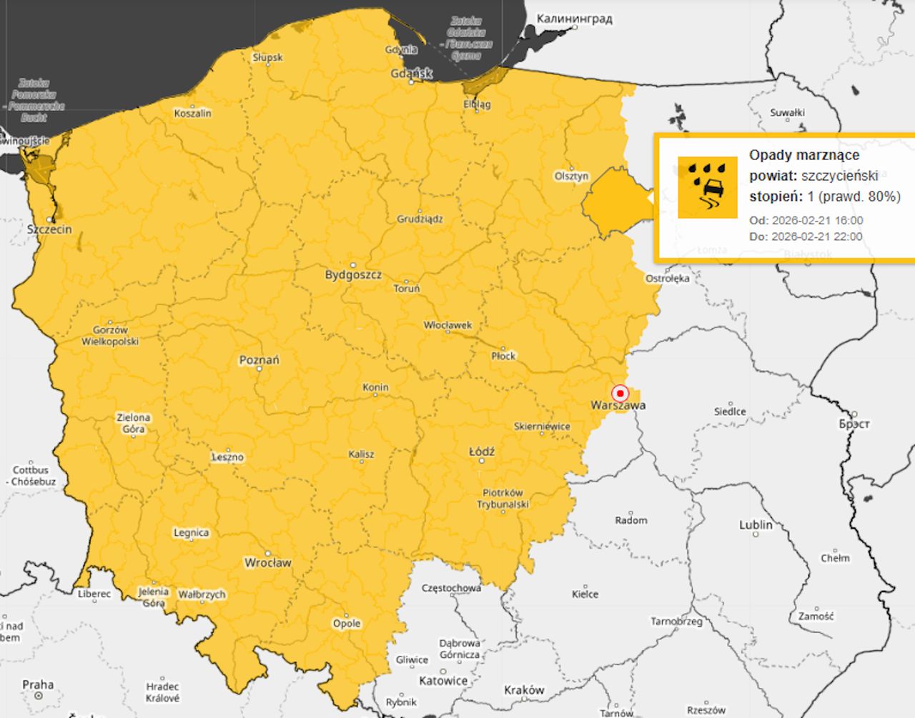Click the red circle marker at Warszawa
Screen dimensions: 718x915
(620, 393)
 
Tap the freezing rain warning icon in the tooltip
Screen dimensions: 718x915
(707, 187)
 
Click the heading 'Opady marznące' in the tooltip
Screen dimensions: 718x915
(804, 155)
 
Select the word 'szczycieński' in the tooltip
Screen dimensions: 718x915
(840, 176)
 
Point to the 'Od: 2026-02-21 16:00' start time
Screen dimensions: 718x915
(806, 220)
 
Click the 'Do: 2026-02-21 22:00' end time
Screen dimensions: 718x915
(805, 236)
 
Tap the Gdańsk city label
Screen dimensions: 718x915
(412, 73)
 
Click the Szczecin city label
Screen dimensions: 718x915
(49, 229)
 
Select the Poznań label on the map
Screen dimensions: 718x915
(259, 360)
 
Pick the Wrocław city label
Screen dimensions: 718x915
(268, 562)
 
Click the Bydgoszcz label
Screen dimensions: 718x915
(353, 274)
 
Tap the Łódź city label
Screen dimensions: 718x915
(482, 452)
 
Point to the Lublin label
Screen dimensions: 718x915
(756, 524)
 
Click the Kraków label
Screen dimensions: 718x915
(524, 689)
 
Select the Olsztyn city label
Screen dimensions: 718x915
(572, 176)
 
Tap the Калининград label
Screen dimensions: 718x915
(574, 19)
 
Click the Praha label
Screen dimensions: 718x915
(38, 684)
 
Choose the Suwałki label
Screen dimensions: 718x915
(787, 112)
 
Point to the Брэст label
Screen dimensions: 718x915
(854, 424)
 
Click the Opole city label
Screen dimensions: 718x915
(347, 623)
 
